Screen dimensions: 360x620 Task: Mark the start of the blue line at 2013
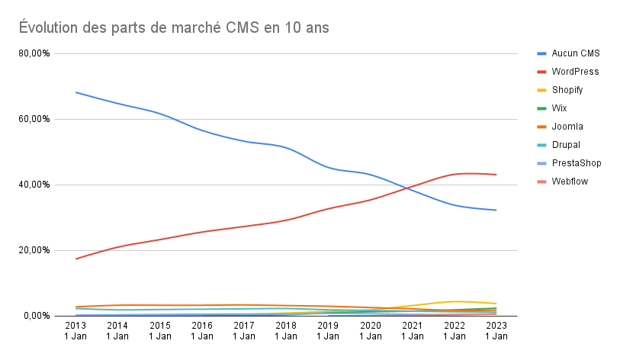tap(75, 92)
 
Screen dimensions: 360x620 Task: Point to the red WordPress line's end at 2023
tap(496, 175)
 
